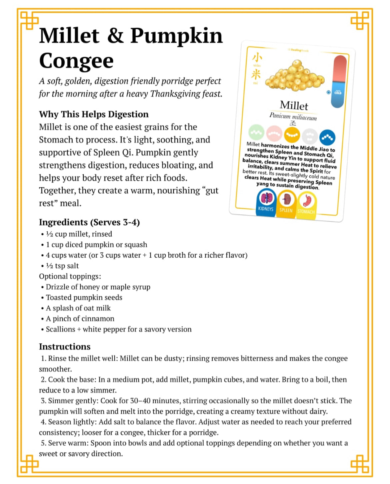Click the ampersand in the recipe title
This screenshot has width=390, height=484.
pyautogui.click(x=115, y=36)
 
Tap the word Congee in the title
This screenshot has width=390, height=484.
pyautogui.click(x=76, y=61)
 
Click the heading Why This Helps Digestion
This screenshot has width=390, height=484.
pyautogui.click(x=94, y=114)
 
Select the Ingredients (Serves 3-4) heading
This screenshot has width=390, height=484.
pyautogui.click(x=89, y=222)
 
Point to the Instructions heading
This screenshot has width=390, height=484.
pyautogui.click(x=65, y=346)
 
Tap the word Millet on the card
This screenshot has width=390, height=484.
pyautogui.click(x=294, y=105)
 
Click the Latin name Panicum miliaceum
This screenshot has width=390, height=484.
pyautogui.click(x=293, y=116)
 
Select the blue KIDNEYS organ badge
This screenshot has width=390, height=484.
pyautogui.click(x=266, y=202)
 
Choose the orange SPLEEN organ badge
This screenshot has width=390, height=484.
pyautogui.click(x=286, y=203)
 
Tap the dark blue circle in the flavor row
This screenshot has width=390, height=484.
pyautogui.click(x=327, y=137)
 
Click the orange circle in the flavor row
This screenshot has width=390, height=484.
pyautogui.click(x=292, y=135)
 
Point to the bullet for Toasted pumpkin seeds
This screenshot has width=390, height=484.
pyautogui.click(x=42, y=298)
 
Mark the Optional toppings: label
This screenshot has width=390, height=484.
pyautogui.click(x=70, y=276)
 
